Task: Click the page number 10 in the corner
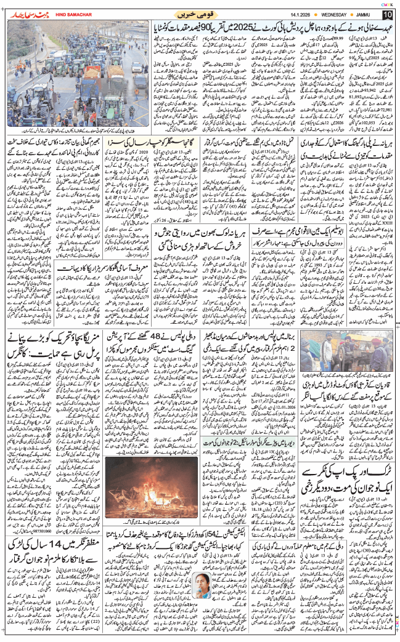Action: tap(387, 14)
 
